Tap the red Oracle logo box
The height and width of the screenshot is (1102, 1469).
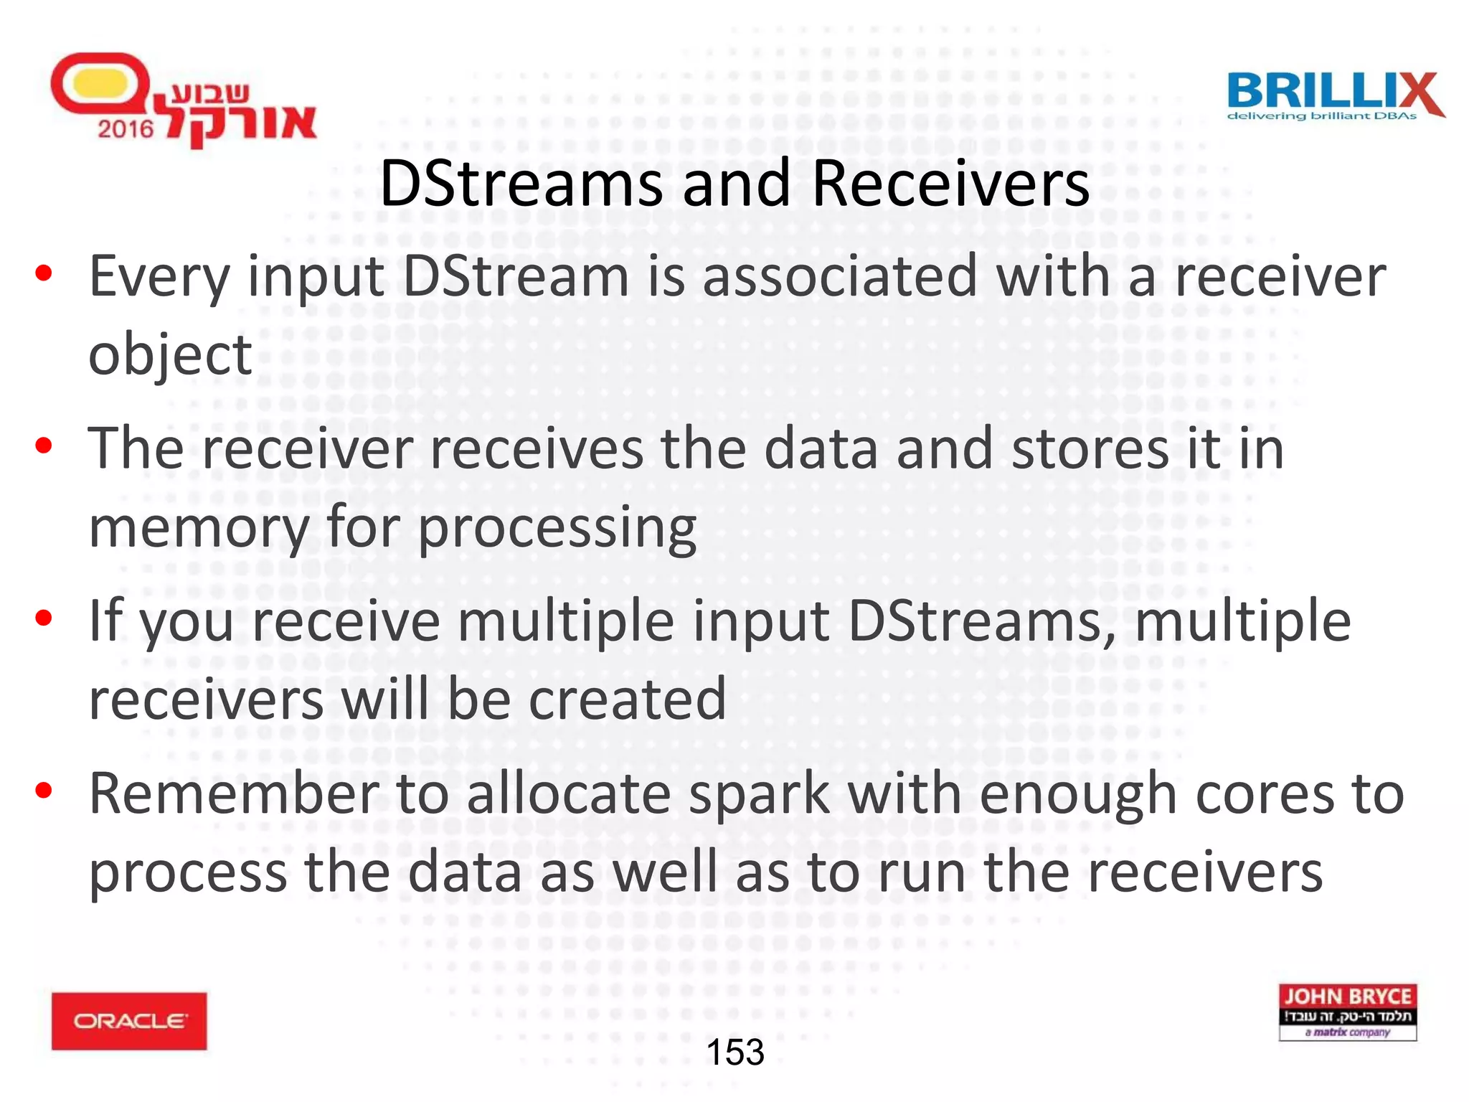coord(129,1020)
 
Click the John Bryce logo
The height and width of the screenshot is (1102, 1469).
coord(1347,1012)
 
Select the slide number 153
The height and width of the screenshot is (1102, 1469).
coord(735,1052)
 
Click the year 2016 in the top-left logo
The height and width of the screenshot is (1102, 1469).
coord(126,129)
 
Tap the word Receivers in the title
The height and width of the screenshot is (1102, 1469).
coord(950,184)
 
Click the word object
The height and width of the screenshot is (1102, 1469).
coord(170,354)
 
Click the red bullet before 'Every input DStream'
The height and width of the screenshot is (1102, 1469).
coord(44,273)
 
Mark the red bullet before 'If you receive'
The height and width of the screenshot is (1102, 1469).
coord(44,618)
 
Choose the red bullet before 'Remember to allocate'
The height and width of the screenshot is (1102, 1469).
coord(44,791)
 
